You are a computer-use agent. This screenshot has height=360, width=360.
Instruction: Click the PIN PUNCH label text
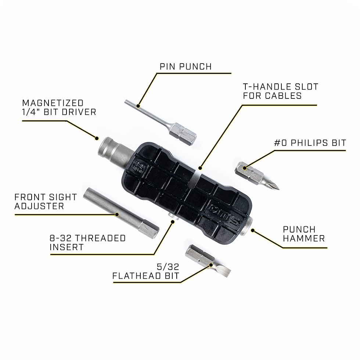pos(186,66)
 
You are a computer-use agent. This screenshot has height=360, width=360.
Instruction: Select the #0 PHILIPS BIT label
pos(310,143)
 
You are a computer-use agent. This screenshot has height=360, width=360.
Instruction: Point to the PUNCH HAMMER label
pos(304,234)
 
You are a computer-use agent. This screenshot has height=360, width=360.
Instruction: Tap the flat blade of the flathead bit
pos(222,271)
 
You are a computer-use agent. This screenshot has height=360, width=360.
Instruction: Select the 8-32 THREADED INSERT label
pos(87,243)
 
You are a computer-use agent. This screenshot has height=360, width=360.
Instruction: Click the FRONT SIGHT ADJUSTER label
pos(46,201)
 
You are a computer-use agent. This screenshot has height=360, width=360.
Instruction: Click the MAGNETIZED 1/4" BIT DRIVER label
pos(59,108)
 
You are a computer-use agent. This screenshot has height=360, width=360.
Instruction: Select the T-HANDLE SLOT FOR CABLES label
pos(280,91)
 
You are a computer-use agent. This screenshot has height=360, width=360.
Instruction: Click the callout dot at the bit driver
pos(97,138)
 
